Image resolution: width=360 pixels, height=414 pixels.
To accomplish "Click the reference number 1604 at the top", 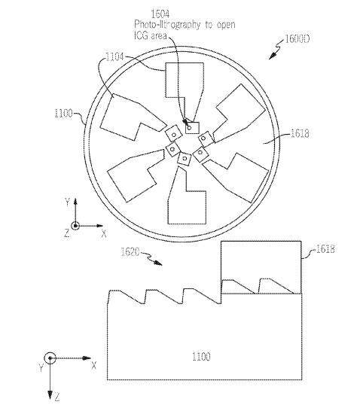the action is (160, 14).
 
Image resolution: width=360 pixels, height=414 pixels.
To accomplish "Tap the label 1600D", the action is (297, 39).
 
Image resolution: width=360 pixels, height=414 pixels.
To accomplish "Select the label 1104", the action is (115, 56).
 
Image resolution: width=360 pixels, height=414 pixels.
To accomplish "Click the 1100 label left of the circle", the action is (63, 113).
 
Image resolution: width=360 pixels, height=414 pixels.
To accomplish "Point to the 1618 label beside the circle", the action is (300, 133).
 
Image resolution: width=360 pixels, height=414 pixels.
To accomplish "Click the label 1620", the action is (130, 251).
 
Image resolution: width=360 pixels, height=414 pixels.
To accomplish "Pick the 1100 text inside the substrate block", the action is (201, 357).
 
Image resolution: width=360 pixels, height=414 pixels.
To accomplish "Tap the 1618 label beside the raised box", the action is (325, 249).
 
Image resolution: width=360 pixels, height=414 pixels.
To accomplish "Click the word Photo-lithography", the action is (167, 25).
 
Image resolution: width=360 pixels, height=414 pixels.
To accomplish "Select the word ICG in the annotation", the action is (141, 35).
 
